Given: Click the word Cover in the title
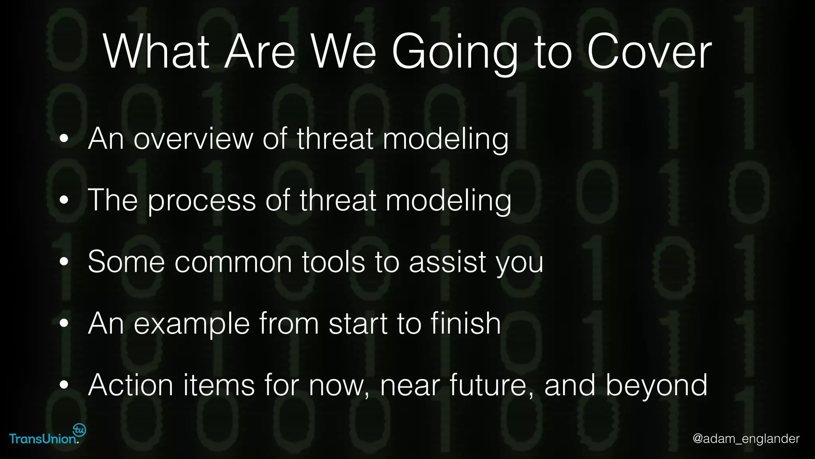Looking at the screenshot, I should (x=649, y=52).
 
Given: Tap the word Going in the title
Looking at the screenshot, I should (x=455, y=54).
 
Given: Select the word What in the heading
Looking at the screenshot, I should (x=156, y=52).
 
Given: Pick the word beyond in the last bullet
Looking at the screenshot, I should (x=656, y=386).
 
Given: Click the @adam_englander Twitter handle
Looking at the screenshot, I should (x=746, y=439).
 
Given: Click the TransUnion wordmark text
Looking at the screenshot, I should (x=43, y=439).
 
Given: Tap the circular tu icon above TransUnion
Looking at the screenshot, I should (x=79, y=430).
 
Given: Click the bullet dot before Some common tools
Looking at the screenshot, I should (x=64, y=262).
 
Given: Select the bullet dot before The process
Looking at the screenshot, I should (x=64, y=200).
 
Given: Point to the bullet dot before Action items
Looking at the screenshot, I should (x=64, y=385).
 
